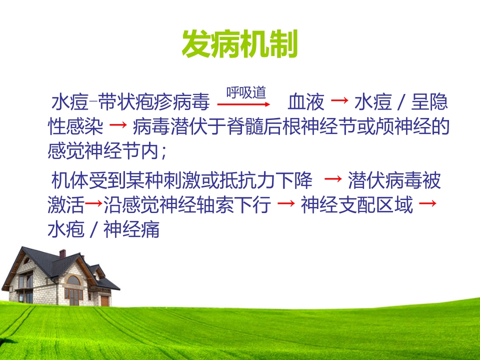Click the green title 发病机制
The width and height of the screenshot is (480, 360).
(x=239, y=44)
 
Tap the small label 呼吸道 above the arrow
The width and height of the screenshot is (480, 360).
(x=246, y=92)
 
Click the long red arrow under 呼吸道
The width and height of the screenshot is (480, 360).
(x=244, y=104)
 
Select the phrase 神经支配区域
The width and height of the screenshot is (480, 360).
(x=357, y=205)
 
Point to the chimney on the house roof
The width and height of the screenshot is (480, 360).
(x=62, y=253)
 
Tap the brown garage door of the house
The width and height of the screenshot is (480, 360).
(x=104, y=301)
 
